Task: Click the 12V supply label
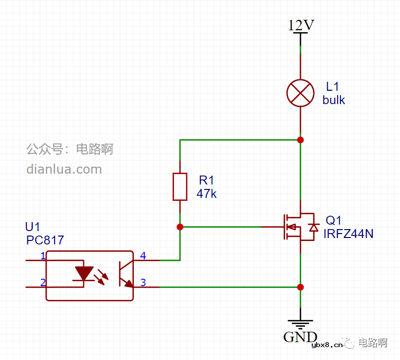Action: pos(301,25)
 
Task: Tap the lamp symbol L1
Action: pos(301,93)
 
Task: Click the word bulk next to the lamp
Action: pos(334,100)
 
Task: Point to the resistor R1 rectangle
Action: pos(180,187)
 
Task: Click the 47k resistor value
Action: pos(207,194)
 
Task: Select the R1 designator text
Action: pos(206,180)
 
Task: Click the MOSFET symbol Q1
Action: pos(297,227)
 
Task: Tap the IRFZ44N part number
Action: pos(348,234)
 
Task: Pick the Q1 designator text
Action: pos(334,220)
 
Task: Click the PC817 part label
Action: pos(45,240)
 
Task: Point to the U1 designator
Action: pos(33,227)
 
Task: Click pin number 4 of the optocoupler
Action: pos(143,256)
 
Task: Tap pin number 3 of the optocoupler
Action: pos(143,283)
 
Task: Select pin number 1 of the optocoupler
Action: pos(43,256)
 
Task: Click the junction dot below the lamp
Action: pos(300,140)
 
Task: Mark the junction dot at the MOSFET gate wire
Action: pos(180,227)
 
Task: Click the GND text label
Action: pos(300,337)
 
